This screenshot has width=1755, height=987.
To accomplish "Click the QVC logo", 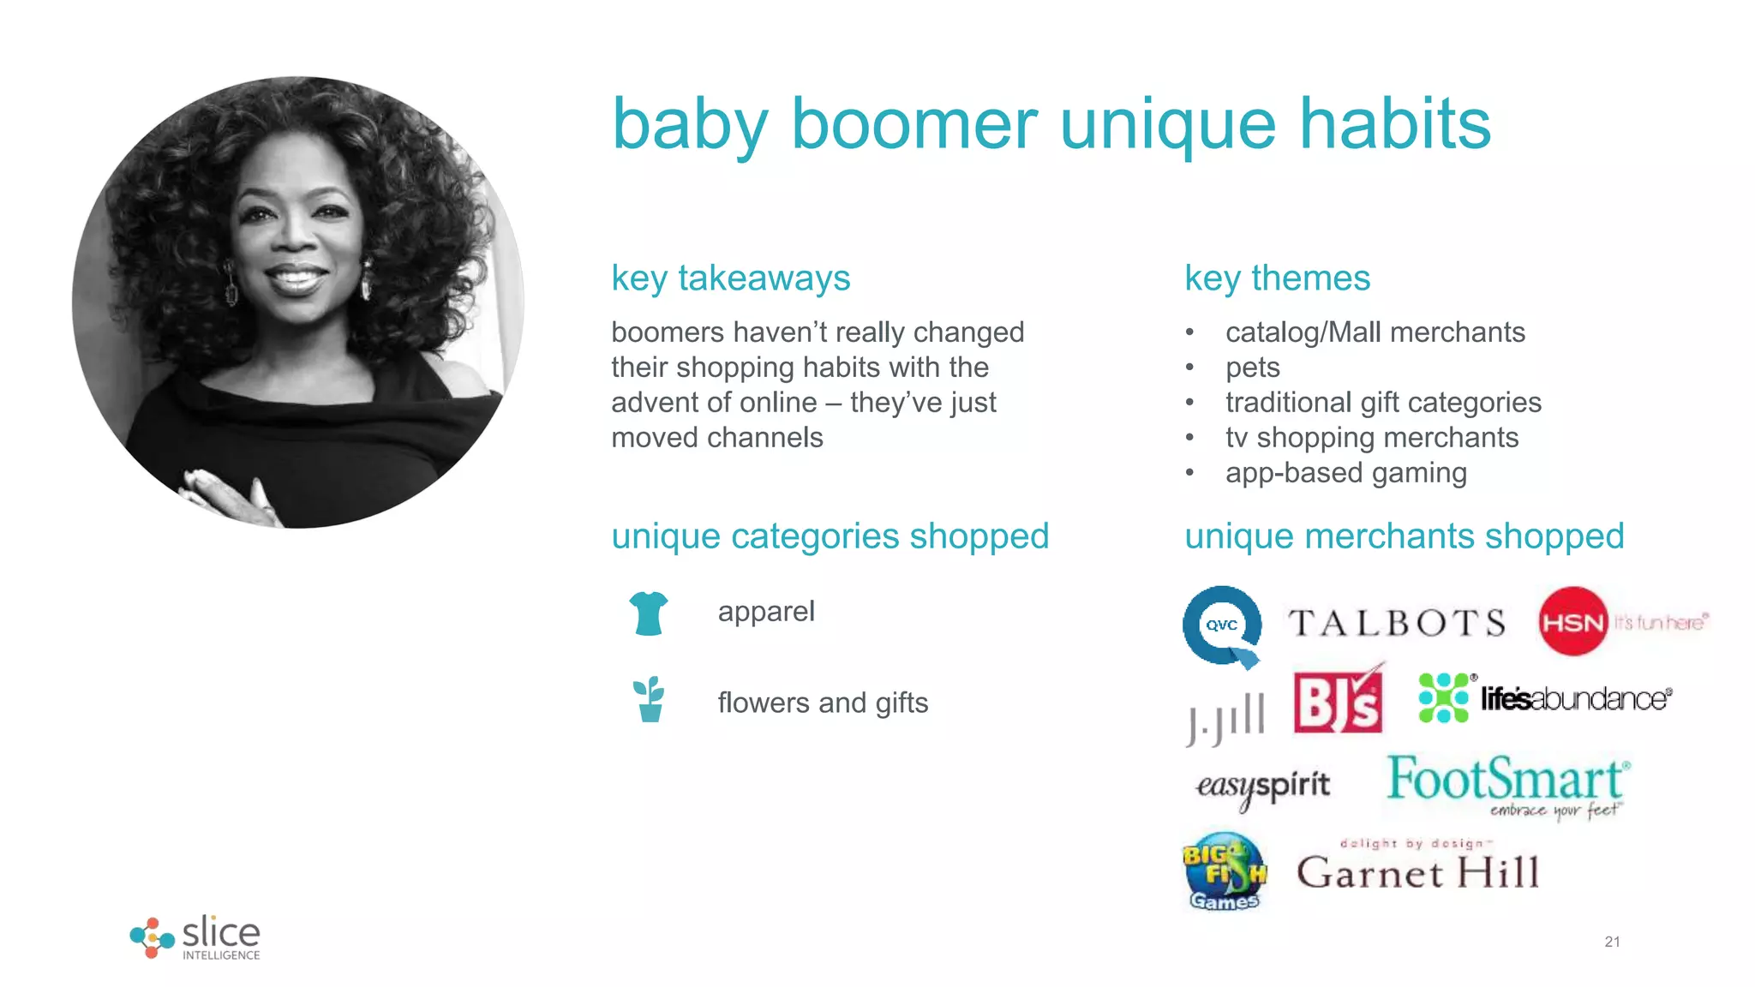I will click(1221, 625).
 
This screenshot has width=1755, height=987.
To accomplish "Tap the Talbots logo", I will click(1397, 623).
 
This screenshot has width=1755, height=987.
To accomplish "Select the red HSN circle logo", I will click(1572, 622).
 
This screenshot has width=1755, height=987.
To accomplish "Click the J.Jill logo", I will click(1226, 718).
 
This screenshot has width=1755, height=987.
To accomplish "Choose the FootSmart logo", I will click(1507, 784).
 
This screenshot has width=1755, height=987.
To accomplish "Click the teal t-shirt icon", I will click(648, 613).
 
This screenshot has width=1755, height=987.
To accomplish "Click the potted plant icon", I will click(650, 700).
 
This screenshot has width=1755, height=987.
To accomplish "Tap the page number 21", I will click(1612, 942).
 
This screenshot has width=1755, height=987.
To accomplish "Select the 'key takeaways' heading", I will click(730, 278).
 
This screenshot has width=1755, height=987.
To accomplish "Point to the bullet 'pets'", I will click(1252, 368).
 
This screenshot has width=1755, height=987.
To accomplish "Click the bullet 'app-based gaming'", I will click(1345, 473).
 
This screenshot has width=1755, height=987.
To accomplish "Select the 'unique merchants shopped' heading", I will click(1404, 536).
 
